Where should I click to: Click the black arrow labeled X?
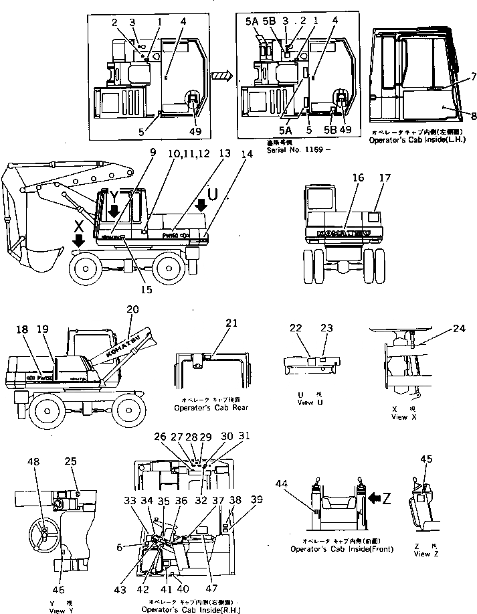pyautogui.click(x=80, y=240)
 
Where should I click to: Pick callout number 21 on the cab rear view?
pyautogui.click(x=231, y=323)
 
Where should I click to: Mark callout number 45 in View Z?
pyautogui.click(x=426, y=459)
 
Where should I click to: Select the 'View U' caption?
pyautogui.click(x=304, y=403)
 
